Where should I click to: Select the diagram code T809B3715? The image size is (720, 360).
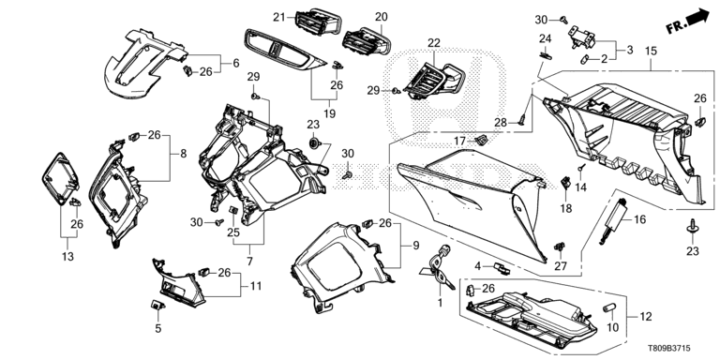point(669,349)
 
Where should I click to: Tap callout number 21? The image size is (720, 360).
point(279,18)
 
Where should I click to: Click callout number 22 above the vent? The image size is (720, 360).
point(434,43)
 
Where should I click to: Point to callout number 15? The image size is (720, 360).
point(651,51)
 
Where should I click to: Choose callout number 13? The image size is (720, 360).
point(67,256)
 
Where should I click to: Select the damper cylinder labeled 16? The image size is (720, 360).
point(613,219)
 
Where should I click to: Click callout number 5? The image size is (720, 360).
point(158,328)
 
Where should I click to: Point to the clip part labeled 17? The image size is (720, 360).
point(482,140)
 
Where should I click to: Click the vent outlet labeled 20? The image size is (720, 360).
point(367,41)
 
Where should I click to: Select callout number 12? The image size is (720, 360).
point(645,316)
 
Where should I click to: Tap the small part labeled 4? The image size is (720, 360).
point(502,269)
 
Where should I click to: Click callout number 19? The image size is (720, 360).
point(330,112)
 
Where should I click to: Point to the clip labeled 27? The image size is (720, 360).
point(560,247)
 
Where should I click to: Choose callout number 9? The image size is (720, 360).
point(416,246)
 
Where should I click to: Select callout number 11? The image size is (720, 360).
point(256,286)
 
